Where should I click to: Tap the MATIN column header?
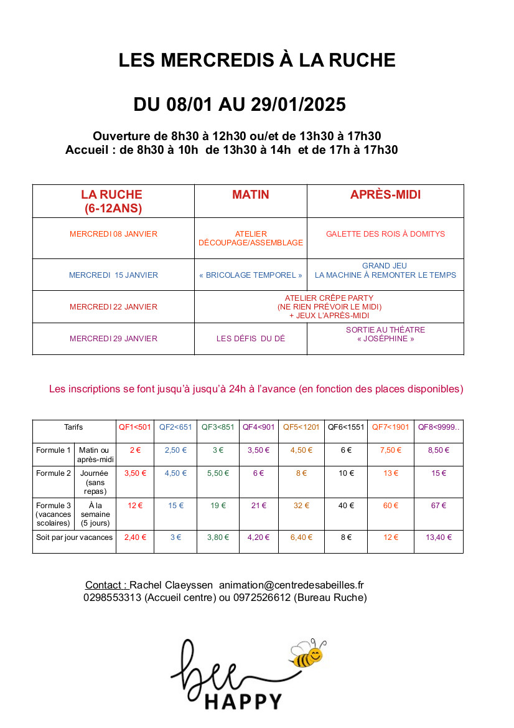click(x=250, y=195)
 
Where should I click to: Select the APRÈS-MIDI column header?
click(x=385, y=195)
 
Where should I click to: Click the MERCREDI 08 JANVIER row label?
click(x=113, y=234)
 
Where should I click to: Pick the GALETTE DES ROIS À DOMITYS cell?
click(x=385, y=234)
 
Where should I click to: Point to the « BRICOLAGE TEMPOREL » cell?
click(x=250, y=275)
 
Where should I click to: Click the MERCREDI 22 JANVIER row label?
click(x=113, y=307)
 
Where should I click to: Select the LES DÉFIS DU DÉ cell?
click(x=250, y=339)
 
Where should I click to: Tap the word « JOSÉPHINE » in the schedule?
click(x=385, y=339)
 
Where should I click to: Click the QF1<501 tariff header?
click(x=135, y=427)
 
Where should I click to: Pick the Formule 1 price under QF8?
click(x=439, y=450)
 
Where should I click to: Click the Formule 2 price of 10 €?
click(x=346, y=473)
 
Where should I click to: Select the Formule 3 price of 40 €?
click(x=346, y=506)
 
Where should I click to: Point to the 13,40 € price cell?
click(x=439, y=537)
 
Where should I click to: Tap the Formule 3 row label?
click(x=54, y=514)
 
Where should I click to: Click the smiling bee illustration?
click(x=308, y=654)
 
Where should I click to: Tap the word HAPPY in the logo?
click(x=244, y=702)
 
